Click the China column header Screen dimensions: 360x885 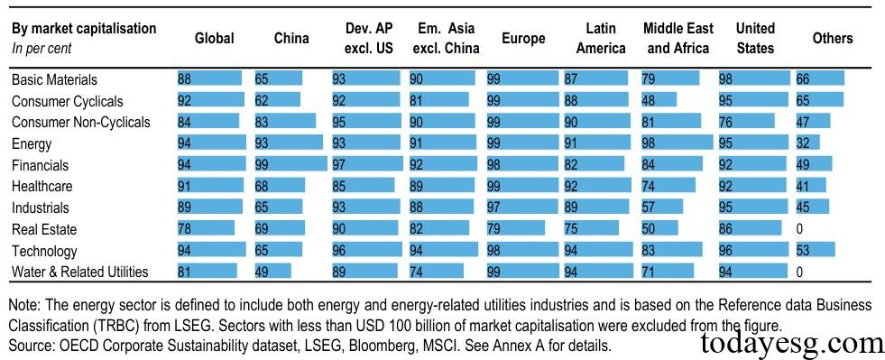[291, 38]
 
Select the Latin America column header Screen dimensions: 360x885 [600, 38]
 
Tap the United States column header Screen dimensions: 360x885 [755, 38]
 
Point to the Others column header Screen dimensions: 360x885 [832, 38]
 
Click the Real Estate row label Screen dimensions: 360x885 [44, 230]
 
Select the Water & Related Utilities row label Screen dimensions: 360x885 [79, 272]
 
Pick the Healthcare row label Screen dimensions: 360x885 [42, 187]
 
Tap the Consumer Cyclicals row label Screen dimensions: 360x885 [67, 101]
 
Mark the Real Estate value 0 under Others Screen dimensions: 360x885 [799, 230]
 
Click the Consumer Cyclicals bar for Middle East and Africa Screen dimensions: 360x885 [659, 101]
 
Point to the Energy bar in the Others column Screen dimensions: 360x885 [807, 143]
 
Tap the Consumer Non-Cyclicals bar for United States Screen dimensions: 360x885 [746, 122]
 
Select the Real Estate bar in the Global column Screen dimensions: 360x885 [206, 230]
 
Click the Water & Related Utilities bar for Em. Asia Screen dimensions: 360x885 [436, 272]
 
